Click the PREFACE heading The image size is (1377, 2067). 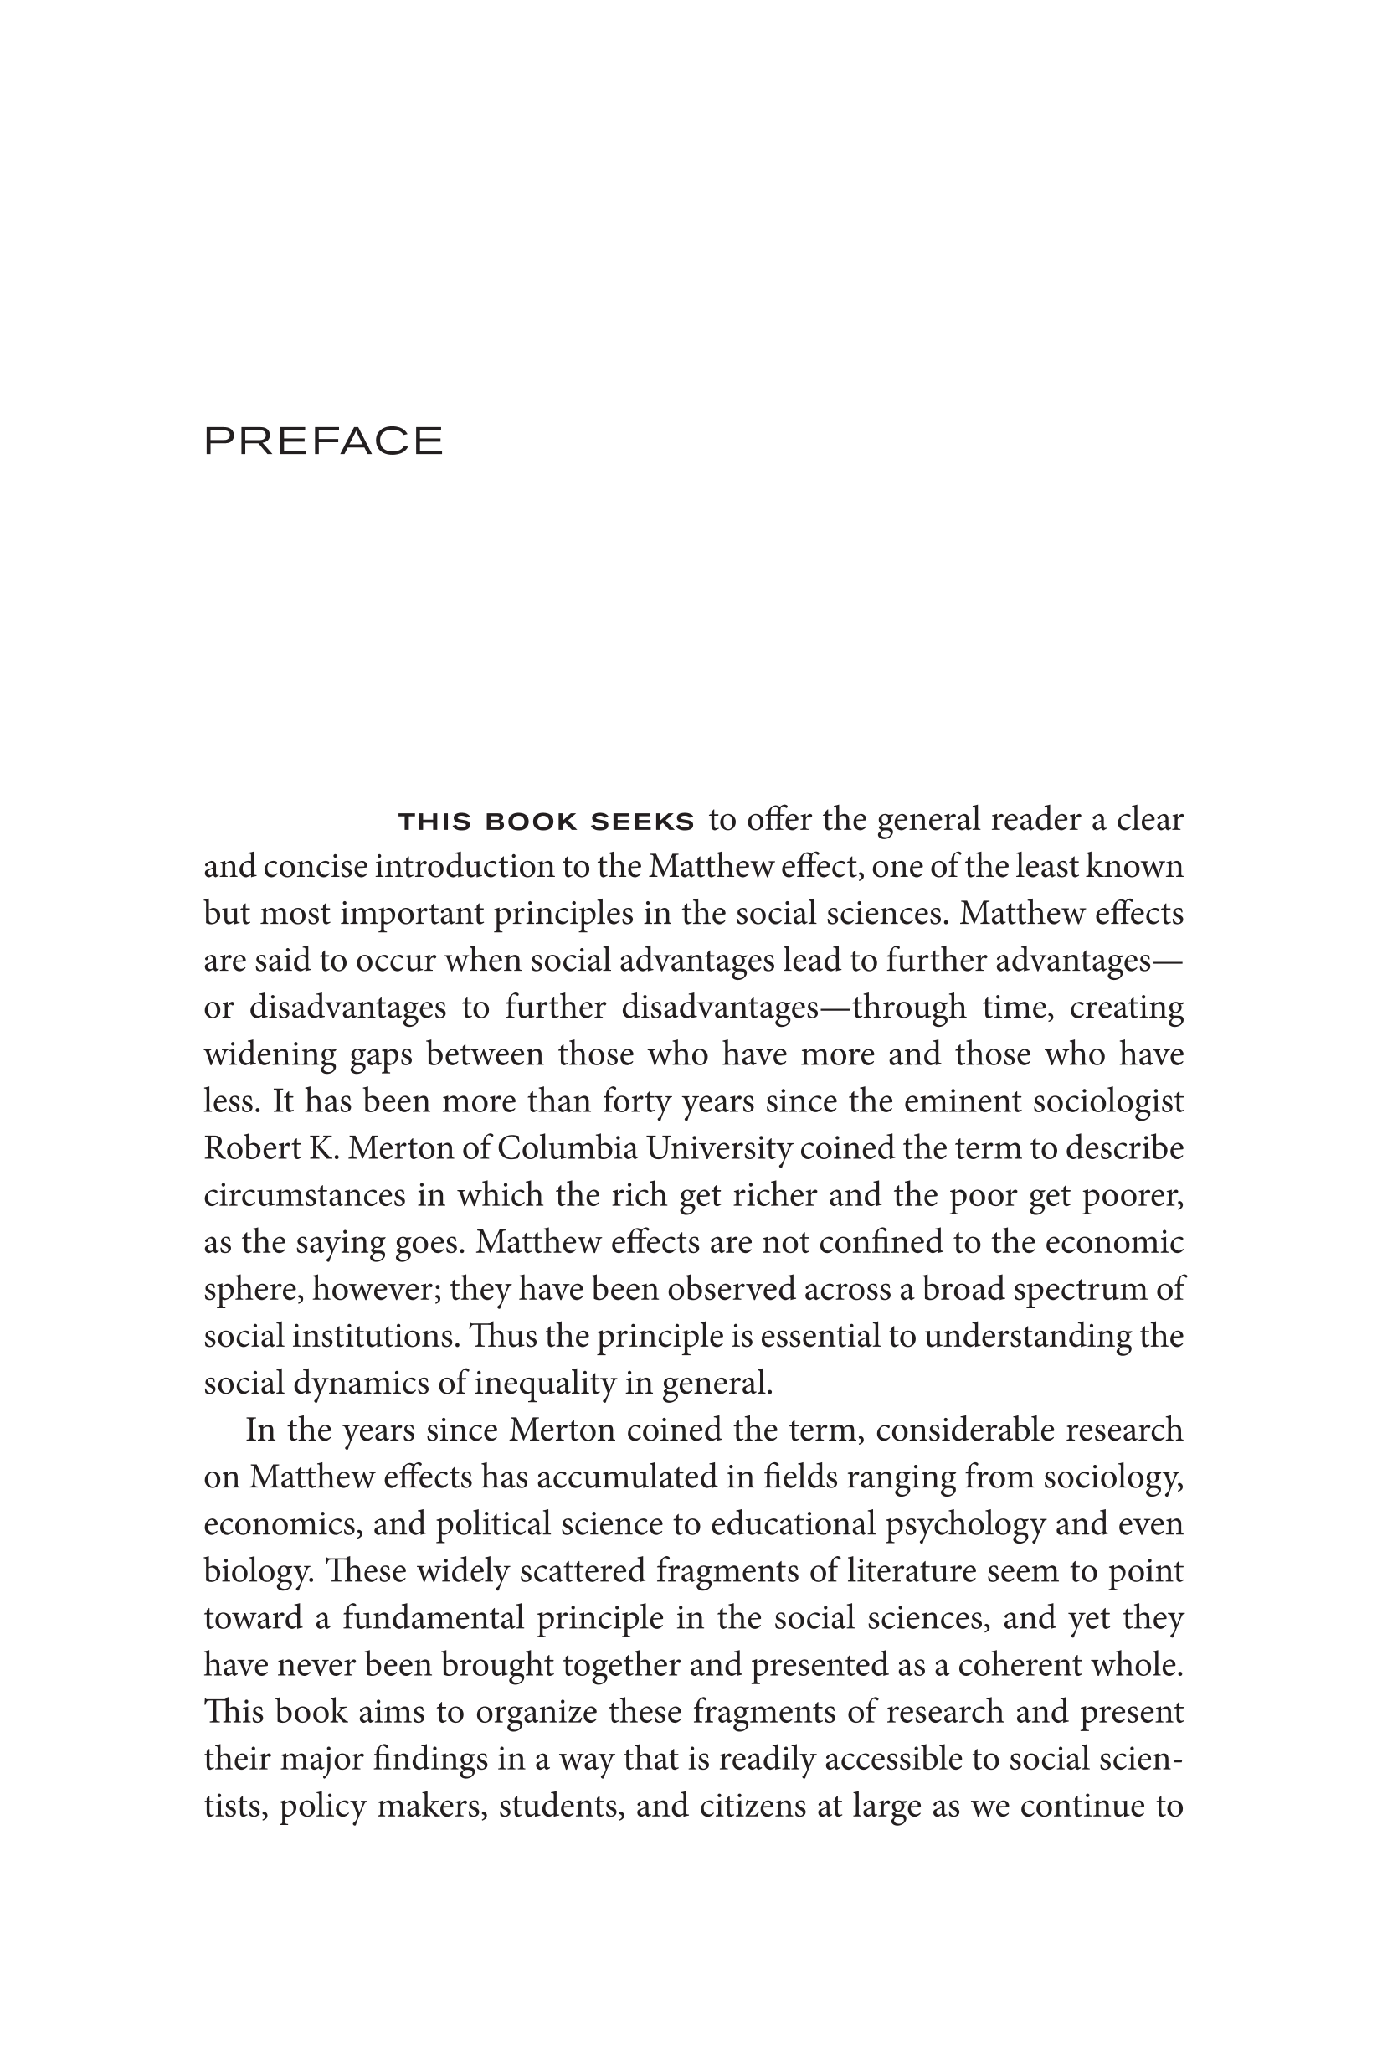[x=323, y=441]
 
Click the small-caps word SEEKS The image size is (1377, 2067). [x=642, y=822]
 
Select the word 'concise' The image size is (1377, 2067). [x=319, y=867]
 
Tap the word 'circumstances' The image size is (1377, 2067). [x=295, y=1196]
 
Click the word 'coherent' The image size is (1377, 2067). [x=1019, y=1666]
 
